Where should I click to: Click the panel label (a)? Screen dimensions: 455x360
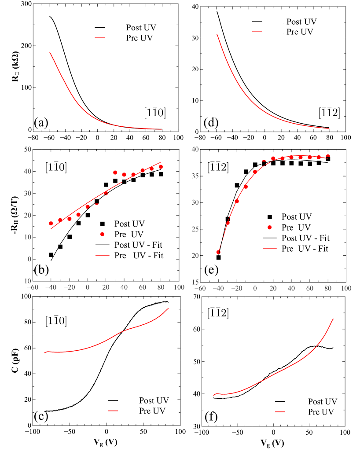coord(41,123)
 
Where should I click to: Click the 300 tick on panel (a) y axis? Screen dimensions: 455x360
coord(26,4)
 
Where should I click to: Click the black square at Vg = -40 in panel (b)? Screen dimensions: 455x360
coord(51,255)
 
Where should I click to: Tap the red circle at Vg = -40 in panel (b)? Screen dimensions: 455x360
coord(51,224)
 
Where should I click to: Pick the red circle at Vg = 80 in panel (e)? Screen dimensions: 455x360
coord(328,157)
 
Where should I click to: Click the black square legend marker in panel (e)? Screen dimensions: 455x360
coord(270,216)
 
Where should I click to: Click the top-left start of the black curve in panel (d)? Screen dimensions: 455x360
coord(217,11)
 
